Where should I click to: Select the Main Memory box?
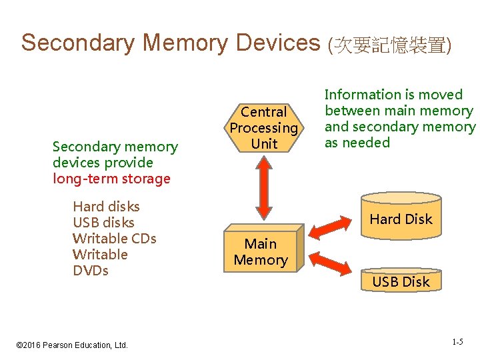tap(261, 252)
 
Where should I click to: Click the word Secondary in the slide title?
tap(78, 43)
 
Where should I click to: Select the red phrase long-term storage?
tap(112, 179)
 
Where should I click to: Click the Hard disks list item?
tap(106, 207)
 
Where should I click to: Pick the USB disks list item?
tap(103, 223)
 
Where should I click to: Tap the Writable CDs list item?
tap(114, 239)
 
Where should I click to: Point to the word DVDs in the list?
tap(91, 271)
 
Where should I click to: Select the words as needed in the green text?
tap(357, 143)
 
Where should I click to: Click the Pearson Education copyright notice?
tap(71, 345)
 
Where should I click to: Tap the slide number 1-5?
tap(457, 342)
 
